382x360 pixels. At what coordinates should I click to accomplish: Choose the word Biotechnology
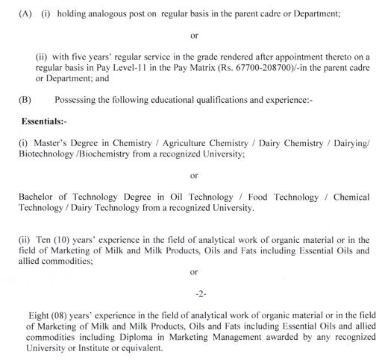pos(35,152)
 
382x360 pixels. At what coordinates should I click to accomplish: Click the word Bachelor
pos(36,195)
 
